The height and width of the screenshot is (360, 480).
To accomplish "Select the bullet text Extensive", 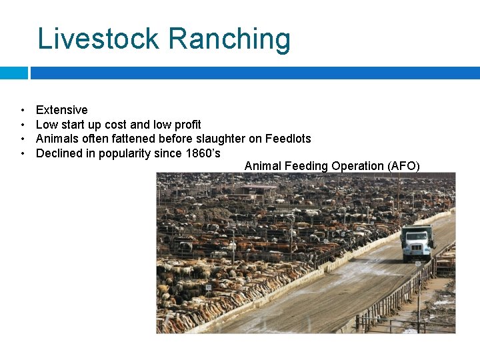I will coord(61,110).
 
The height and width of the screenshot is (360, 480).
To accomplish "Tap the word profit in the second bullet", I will coord(187,125).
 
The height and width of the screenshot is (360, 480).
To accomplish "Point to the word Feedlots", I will coord(288,139).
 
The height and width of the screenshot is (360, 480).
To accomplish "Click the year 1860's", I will coord(203,154).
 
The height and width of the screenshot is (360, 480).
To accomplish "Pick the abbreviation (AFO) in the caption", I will coord(403,166).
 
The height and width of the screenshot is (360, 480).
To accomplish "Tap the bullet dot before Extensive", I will coord(23,110).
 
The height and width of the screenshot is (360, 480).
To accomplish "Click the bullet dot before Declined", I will coord(23,154).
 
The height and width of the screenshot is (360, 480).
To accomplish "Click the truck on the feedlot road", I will coord(417,243).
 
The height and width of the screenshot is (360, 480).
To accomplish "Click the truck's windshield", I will coord(415,237).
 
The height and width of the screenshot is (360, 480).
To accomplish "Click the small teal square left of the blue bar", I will coord(13,73).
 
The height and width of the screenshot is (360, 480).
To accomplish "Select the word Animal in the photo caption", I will coord(263,166).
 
